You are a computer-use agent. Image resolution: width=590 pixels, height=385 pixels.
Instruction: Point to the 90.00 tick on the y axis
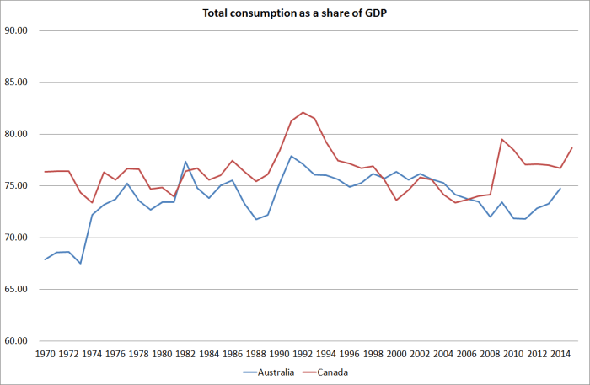[x=17, y=31]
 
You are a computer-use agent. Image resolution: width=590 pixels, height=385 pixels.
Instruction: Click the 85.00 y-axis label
[x=17, y=83]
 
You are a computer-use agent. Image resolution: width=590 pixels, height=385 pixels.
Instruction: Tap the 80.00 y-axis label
[x=17, y=135]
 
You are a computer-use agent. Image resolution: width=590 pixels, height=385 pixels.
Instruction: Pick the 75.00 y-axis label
[x=17, y=186]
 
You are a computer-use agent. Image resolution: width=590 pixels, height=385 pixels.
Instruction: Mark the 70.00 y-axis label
[x=17, y=238]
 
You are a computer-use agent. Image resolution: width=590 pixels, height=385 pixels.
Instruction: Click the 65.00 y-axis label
[x=17, y=290]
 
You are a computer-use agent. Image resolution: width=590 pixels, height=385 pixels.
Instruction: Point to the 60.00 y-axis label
[x=17, y=341]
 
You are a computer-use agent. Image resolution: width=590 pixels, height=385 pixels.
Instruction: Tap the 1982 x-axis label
[x=185, y=355]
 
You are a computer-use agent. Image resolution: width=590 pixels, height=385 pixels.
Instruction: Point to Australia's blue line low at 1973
[x=80, y=264]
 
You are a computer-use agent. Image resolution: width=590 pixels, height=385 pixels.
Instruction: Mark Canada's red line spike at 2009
[x=501, y=139]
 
